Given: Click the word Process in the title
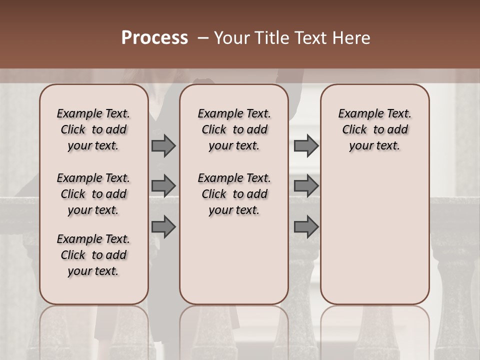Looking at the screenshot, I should point(154,37).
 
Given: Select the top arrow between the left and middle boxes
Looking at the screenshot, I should point(163,146).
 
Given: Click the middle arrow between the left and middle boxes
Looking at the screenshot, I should point(163,186).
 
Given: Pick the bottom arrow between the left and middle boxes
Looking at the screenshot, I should point(163,227).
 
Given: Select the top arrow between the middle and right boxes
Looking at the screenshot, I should point(306,146).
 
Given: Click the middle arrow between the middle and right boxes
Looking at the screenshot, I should point(306,186).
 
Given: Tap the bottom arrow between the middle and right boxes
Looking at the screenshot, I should point(306,227).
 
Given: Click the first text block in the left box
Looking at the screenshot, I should point(93,129).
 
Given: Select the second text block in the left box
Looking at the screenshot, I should point(93,194).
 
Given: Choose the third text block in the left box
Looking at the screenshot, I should point(93,255).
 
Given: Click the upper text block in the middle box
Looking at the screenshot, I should point(234,129).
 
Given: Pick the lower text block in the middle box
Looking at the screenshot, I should point(234,194).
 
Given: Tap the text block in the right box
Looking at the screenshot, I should point(374,129).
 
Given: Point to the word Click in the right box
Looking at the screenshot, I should point(355,129).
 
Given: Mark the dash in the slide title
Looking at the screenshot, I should point(203,37).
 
